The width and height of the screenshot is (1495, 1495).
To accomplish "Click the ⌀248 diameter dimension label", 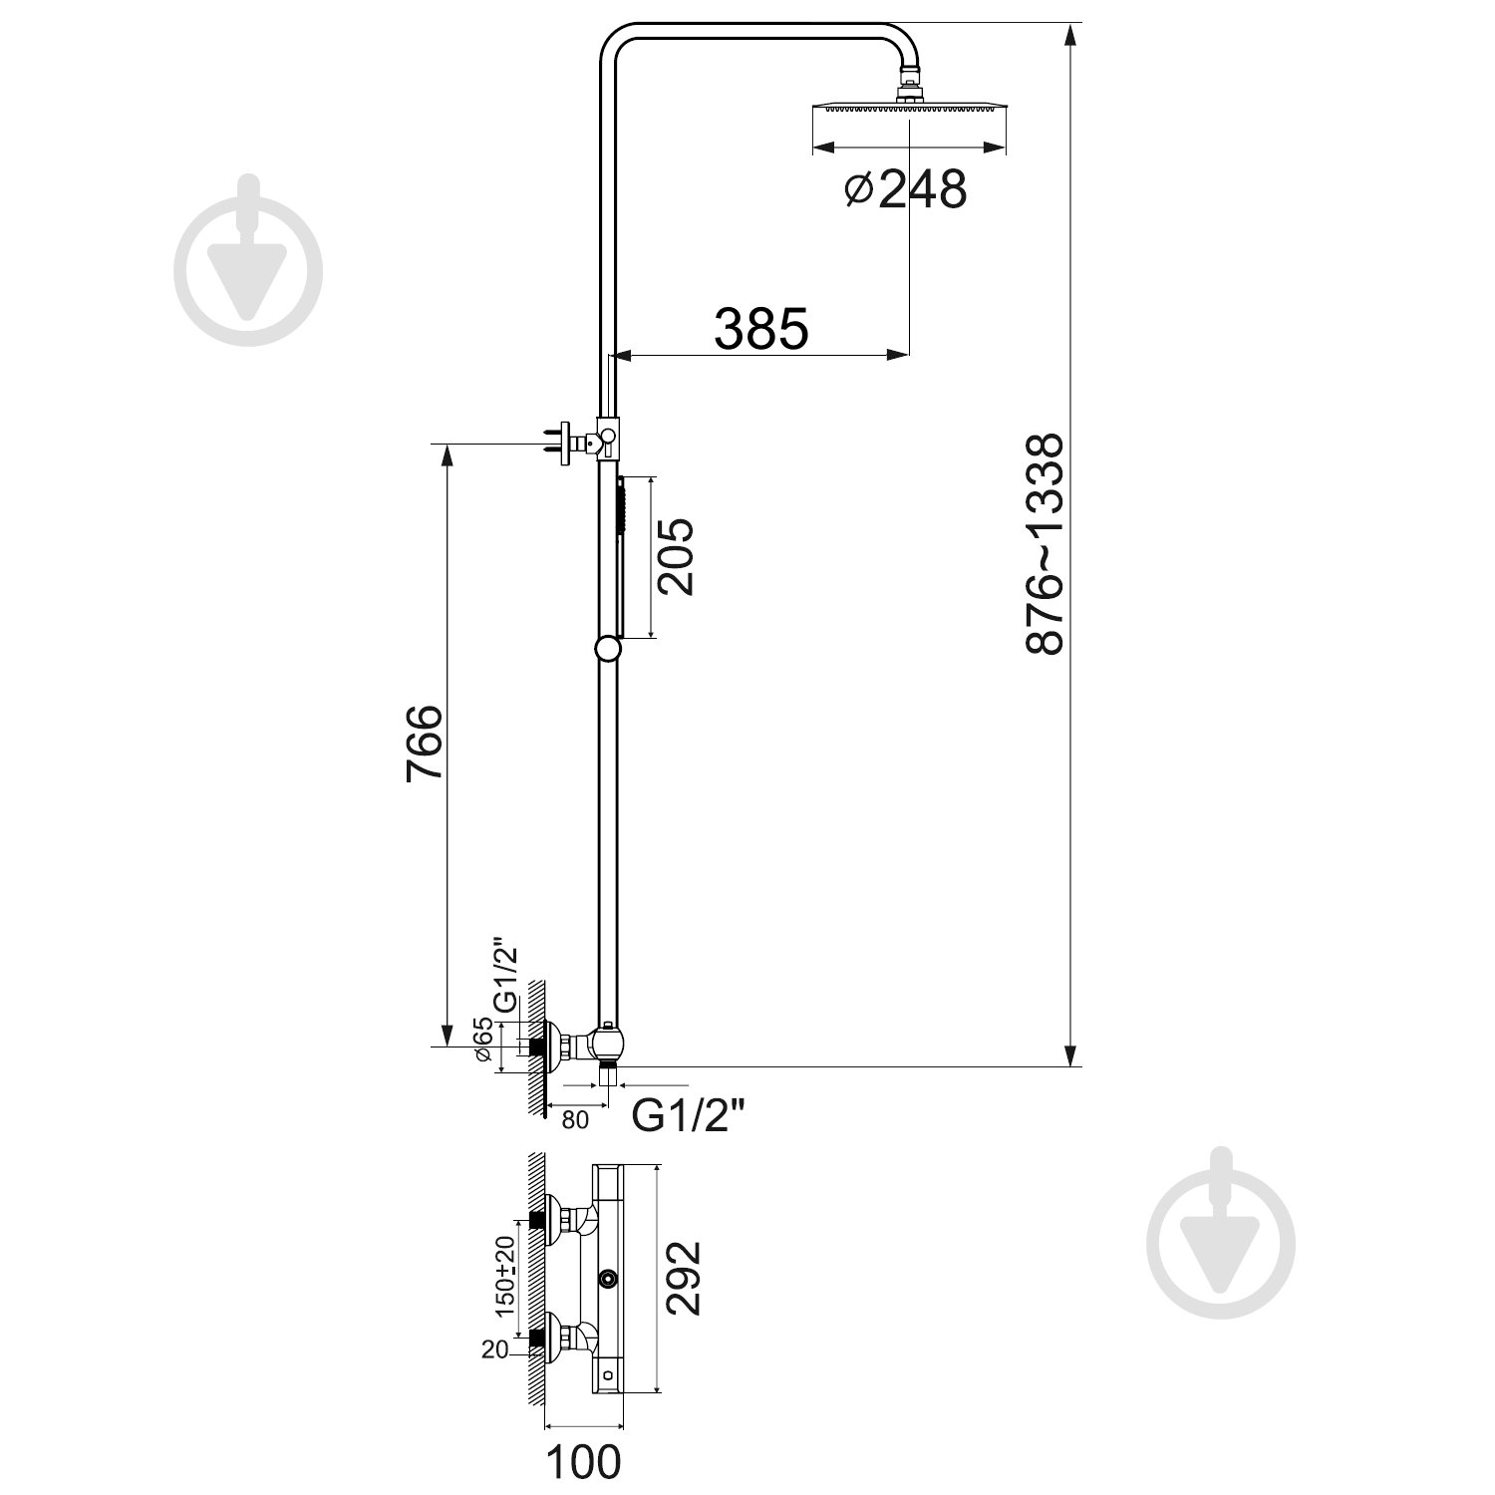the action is [905, 188].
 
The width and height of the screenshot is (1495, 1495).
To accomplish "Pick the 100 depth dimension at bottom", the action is [583, 1462].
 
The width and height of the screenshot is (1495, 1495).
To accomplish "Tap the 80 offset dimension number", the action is [575, 1120].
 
